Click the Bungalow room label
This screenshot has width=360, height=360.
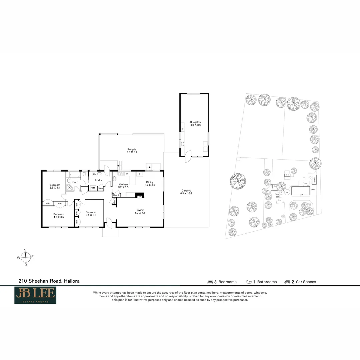[195, 124]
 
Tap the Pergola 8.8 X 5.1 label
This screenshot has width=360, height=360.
[132, 151]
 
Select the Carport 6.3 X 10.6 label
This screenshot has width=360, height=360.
[186, 192]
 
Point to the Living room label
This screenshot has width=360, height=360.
[140, 211]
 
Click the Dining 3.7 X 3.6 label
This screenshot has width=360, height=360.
[149, 184]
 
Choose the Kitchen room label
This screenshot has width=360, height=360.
[123, 186]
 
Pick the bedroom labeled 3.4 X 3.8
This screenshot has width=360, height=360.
[91, 214]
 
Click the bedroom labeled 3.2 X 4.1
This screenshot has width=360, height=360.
[55, 186]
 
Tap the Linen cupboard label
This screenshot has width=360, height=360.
[100, 188]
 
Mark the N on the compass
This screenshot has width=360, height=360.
[25, 250]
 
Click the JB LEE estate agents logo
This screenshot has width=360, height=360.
[35, 295]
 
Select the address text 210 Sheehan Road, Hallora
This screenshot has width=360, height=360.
[49, 281]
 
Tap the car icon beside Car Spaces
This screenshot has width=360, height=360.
[287, 282]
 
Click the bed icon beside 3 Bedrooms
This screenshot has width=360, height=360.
[210, 282]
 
